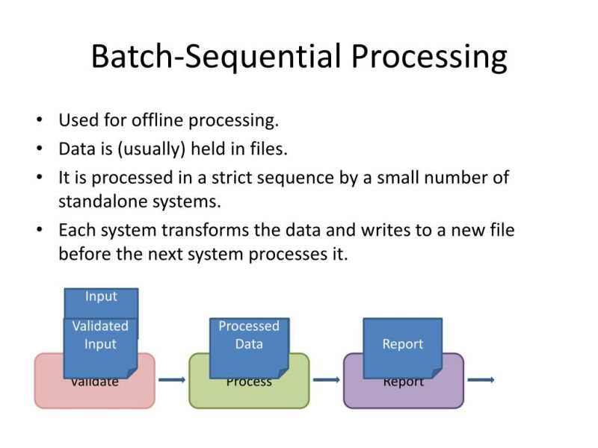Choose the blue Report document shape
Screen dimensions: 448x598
402,346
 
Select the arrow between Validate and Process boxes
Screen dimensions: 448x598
172,380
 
